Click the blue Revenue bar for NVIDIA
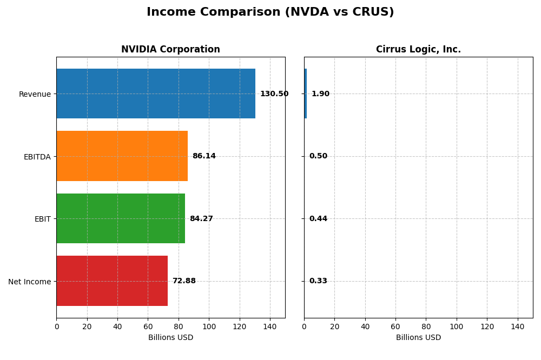click(156, 94)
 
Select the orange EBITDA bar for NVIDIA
click(122, 156)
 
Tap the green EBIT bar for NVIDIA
click(121, 218)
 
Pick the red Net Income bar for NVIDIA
click(112, 281)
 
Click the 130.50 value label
click(274, 94)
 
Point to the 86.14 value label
click(204, 156)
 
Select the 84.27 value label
click(201, 219)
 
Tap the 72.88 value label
click(184, 281)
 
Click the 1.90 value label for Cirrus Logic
click(320, 94)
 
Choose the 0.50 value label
click(318, 156)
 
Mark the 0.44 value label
click(318, 219)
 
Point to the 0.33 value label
click(318, 281)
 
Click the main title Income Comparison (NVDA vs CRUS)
click(270, 12)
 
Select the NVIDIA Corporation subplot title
click(170, 50)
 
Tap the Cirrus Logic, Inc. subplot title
click(418, 50)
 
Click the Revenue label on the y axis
click(35, 94)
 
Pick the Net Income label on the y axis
click(30, 282)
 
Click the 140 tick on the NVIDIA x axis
click(270, 326)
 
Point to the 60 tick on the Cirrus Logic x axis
click(395, 326)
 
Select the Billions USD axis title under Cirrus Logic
click(418, 338)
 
